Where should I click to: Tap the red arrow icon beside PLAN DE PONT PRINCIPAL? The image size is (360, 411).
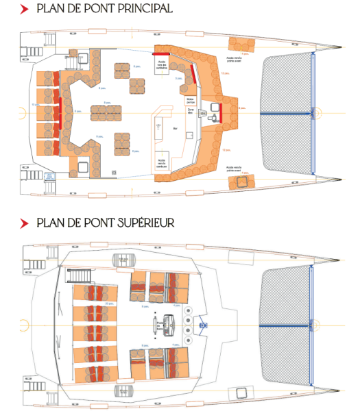point(25,10)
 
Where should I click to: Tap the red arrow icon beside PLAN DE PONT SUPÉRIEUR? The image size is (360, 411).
point(25,223)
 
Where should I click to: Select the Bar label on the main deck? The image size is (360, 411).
point(175,128)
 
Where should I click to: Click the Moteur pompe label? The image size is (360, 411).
point(190,99)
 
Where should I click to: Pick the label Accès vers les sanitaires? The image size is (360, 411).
point(163,66)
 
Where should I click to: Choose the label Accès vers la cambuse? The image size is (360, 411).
point(162,162)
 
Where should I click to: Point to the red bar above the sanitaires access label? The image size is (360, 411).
point(163,53)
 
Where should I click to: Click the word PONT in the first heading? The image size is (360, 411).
point(89,9)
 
